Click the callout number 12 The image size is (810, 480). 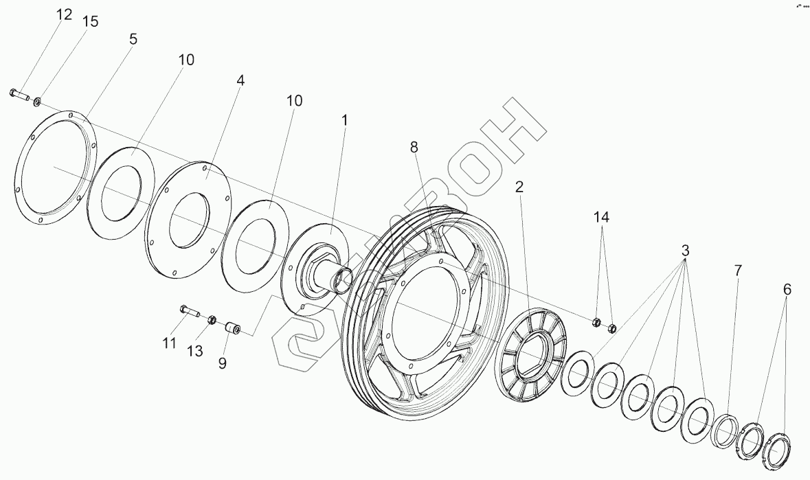64,15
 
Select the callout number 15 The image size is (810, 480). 90,21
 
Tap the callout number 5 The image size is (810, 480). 133,39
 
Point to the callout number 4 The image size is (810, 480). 240,80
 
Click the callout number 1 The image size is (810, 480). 345,120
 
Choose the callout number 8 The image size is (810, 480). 414,146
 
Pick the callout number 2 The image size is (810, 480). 520,187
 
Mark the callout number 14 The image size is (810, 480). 602,218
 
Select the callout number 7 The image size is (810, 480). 738,271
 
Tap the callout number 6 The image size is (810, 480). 787,290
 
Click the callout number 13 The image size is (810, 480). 195,351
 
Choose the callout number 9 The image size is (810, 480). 223,363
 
